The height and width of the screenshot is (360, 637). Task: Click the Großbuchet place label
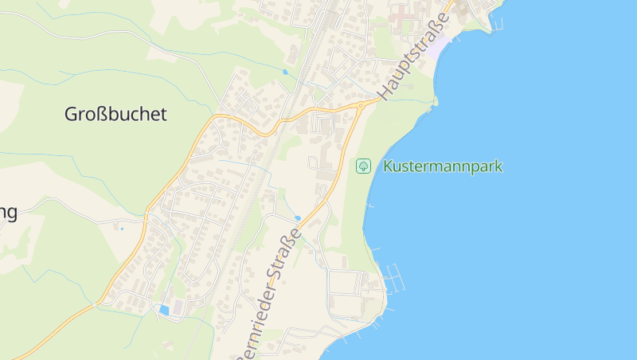coord(116,114)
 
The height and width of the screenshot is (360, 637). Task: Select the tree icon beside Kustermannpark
coord(363,166)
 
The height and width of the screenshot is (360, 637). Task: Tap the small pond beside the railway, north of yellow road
coord(284,72)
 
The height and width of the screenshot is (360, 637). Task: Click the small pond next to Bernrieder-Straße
coord(297,217)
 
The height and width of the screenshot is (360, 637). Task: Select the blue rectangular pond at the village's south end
coord(164,309)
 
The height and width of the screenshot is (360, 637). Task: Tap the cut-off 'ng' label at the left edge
coord(8,213)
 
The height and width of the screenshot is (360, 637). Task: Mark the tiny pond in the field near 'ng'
coord(122,228)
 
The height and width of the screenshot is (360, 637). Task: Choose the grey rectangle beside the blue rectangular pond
coord(178,307)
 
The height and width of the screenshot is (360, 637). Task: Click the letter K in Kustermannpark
coord(388,166)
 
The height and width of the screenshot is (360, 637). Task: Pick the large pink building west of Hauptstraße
coord(406,14)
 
